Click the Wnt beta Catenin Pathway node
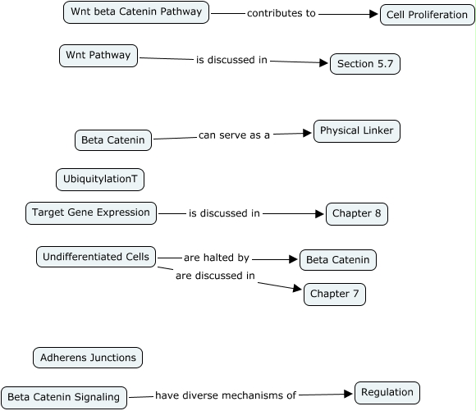tap(136, 12)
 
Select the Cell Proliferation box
tap(427, 15)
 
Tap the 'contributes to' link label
tap(281, 13)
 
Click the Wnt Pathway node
tap(98, 56)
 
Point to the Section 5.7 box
tap(365, 64)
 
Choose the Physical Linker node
tap(357, 131)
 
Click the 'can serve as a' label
tap(234, 135)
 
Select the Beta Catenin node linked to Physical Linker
tap(113, 140)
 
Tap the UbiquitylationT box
tap(100, 180)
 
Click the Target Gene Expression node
tap(91, 213)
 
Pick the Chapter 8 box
tap(357, 214)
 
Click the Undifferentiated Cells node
tap(96, 257)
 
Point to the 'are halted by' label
tap(217, 258)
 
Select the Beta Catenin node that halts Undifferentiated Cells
tap(338, 260)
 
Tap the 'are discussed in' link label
tap(215, 276)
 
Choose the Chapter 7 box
tap(335, 295)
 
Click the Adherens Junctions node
tap(88, 358)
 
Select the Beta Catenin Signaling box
tap(64, 398)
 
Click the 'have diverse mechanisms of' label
tap(226, 395)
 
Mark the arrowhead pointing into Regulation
tap(348, 394)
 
